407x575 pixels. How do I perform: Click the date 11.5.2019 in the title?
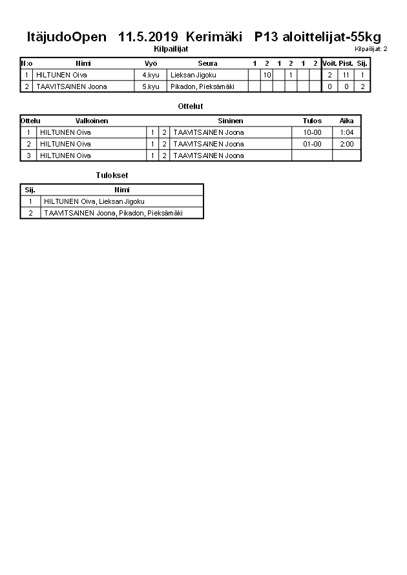[x=149, y=37]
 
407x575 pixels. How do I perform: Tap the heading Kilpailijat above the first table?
[x=171, y=48]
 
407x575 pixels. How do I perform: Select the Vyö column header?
[x=151, y=63]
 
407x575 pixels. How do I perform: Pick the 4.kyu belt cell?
[x=151, y=75]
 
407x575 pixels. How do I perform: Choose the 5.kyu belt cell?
[x=151, y=86]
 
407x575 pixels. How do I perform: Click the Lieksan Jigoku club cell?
[x=193, y=75]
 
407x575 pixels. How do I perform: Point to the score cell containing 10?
[x=266, y=75]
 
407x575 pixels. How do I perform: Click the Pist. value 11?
[x=346, y=75]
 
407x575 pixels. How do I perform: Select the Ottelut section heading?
[x=190, y=106]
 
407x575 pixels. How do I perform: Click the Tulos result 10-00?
[x=312, y=132]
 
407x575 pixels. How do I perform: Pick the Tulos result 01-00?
[x=312, y=144]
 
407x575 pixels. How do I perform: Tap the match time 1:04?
[x=346, y=132]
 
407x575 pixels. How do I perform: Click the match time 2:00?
[x=346, y=144]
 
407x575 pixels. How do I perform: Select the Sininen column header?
[x=230, y=121]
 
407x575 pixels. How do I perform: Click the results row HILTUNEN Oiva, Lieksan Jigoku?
[x=94, y=201]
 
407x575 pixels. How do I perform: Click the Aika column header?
[x=346, y=121]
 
